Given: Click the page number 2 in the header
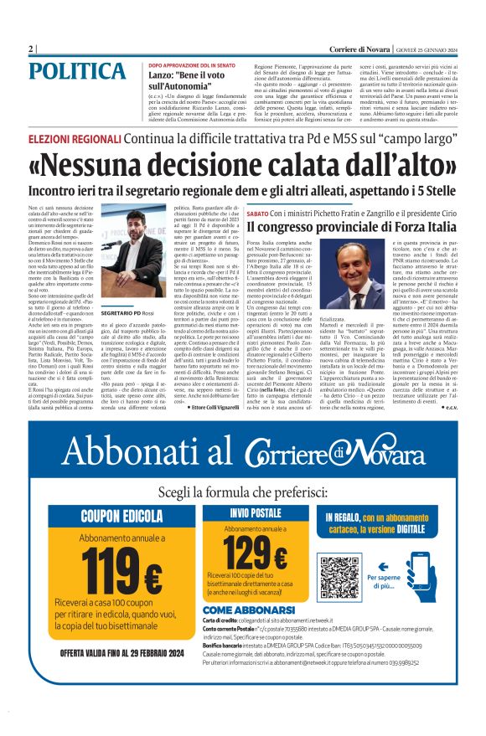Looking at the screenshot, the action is [30, 49].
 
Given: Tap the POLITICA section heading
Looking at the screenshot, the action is [82, 72].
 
